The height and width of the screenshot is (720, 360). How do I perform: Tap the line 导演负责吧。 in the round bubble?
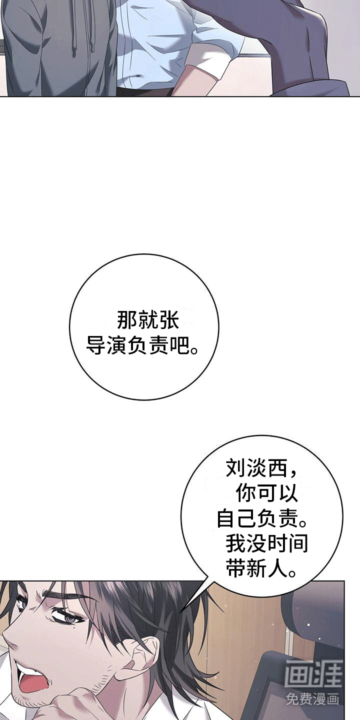(x=142, y=345)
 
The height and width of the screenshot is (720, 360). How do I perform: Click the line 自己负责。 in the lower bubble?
(x=261, y=518)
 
